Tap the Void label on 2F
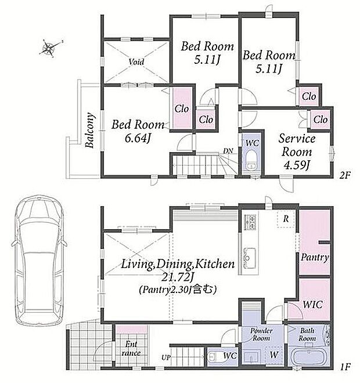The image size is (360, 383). tap(136, 62)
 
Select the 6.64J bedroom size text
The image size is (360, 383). tap(138, 139)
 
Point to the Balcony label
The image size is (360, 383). tap(89, 130)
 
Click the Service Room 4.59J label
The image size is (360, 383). tap(297, 151)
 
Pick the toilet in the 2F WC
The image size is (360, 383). tap(251, 160)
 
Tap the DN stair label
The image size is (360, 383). tap(228, 151)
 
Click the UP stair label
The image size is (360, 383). tap(165, 357)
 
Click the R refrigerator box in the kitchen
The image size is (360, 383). tap(286, 219)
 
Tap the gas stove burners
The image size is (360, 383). tap(250, 222)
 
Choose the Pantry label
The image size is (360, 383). tap(315, 257)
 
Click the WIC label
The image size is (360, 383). tap(312, 304)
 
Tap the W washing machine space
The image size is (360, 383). tap(274, 355)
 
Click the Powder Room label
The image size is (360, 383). tap(261, 334)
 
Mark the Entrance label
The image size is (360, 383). tap(131, 349)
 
